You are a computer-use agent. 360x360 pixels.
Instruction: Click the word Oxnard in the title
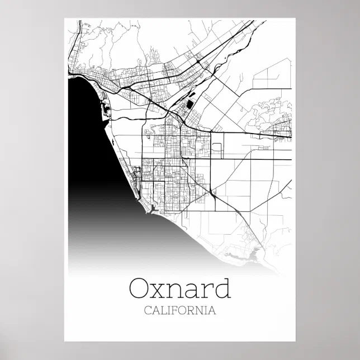coord(179,289)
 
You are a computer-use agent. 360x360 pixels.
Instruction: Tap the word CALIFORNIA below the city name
coord(179,310)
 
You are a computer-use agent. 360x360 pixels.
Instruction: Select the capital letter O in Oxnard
coord(140,289)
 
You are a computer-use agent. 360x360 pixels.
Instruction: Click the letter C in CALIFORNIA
coord(148,310)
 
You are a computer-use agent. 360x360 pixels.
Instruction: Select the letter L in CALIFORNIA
coord(162,310)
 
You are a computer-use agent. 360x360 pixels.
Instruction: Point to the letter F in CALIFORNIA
coord(174,310)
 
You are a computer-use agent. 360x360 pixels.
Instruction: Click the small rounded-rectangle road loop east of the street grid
coord(217,148)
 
